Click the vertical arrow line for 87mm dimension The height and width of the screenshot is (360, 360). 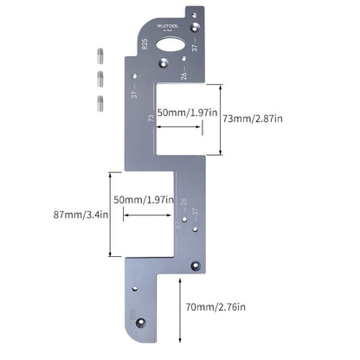pos(109,214)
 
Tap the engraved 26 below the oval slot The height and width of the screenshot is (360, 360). pos(183,75)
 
